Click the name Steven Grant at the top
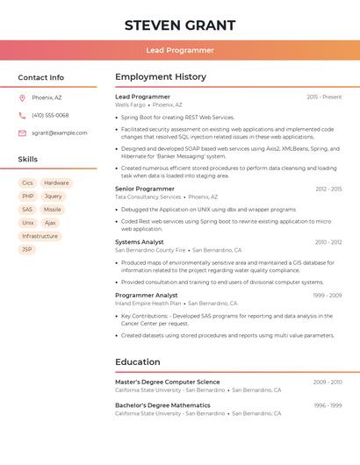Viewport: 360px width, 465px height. (180, 25)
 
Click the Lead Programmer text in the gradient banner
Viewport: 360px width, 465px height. (180, 50)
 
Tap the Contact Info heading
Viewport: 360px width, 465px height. (40, 77)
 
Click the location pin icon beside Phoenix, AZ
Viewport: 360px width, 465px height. (22, 97)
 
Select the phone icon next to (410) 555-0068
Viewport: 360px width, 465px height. (22, 115)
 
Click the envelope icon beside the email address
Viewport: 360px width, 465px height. (22, 132)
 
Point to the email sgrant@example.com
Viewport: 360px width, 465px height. (59, 132)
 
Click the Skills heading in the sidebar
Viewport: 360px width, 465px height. (28, 160)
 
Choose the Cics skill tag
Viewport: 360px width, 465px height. (28, 183)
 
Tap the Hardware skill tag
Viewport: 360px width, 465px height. (56, 183)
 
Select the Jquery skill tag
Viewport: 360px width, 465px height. (54, 197)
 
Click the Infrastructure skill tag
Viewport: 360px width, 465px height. (40, 236)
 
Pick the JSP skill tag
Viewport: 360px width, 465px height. (27, 249)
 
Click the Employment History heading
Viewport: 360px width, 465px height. (161, 77)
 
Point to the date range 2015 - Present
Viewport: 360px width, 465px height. (324, 97)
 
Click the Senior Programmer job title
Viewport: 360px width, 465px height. (145, 189)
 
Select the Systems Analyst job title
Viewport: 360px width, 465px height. (140, 242)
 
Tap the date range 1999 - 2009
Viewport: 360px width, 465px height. (327, 296)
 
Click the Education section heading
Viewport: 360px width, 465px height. (138, 361)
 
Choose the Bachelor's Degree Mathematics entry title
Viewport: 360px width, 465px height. (162, 405)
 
